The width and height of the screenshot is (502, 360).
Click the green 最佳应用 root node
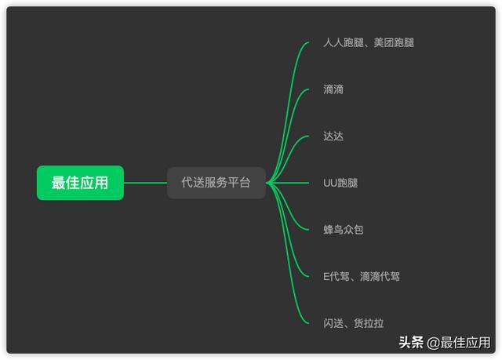(80, 183)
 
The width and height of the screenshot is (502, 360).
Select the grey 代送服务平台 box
(216, 183)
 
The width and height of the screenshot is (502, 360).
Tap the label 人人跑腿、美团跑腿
(368, 42)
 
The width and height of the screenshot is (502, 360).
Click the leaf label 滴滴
(333, 89)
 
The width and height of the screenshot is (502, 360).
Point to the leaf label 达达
(333, 136)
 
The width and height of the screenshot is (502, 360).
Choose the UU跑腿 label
(340, 183)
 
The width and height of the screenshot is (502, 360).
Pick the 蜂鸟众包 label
(344, 230)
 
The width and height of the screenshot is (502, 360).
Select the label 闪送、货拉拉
(354, 323)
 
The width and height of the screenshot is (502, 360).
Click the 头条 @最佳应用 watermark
(444, 343)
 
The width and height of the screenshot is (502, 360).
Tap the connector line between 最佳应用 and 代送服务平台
(145, 183)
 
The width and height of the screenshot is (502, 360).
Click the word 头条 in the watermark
(411, 343)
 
